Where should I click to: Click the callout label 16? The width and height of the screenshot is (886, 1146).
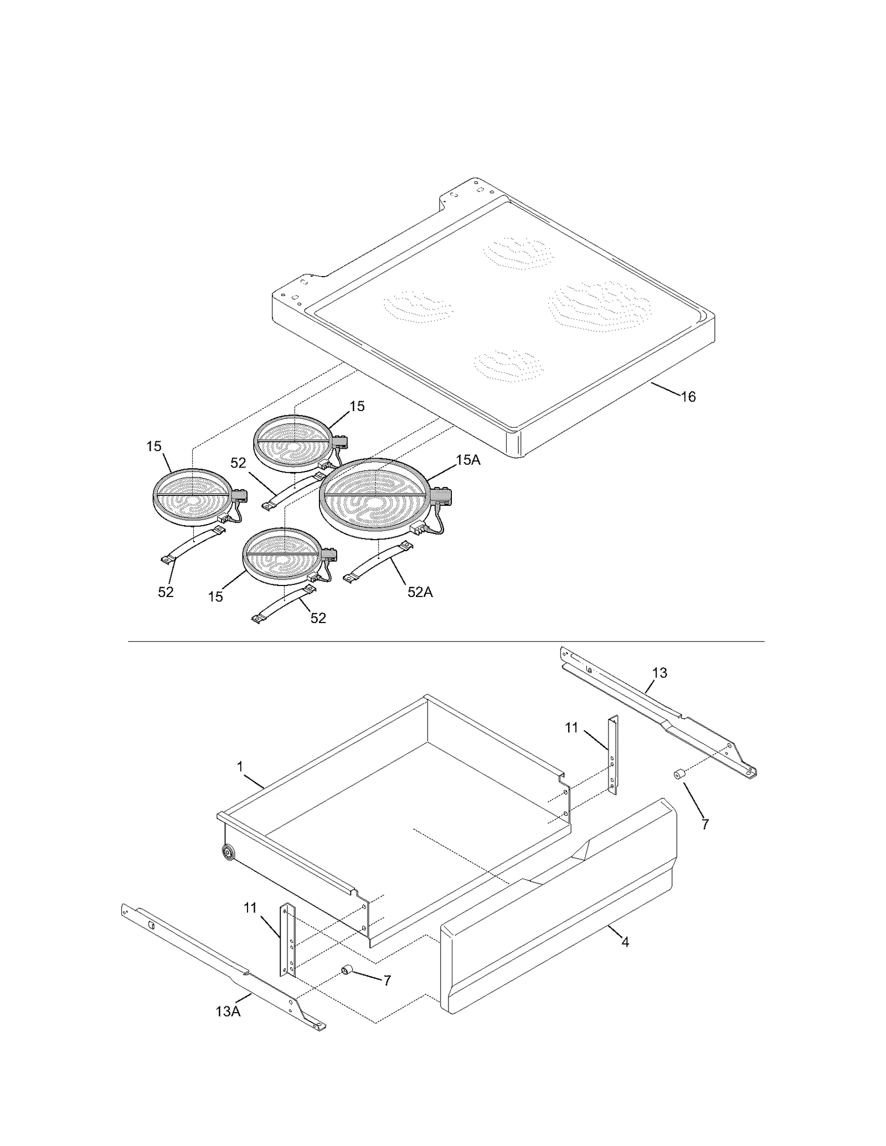tap(688, 397)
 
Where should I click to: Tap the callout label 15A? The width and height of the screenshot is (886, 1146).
tap(468, 460)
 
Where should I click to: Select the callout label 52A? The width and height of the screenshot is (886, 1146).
tap(420, 592)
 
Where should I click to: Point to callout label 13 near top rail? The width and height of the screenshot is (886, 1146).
tap(660, 673)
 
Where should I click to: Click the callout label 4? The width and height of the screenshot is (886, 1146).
tap(625, 942)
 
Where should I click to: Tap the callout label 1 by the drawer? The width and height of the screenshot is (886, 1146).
tap(240, 766)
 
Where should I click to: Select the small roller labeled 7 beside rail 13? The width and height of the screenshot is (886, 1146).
tap(678, 775)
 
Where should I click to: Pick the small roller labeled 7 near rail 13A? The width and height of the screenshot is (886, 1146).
tap(347, 969)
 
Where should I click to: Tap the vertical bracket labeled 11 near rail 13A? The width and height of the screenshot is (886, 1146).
tap(289, 940)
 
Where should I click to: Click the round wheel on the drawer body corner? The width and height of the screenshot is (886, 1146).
tap(226, 852)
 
